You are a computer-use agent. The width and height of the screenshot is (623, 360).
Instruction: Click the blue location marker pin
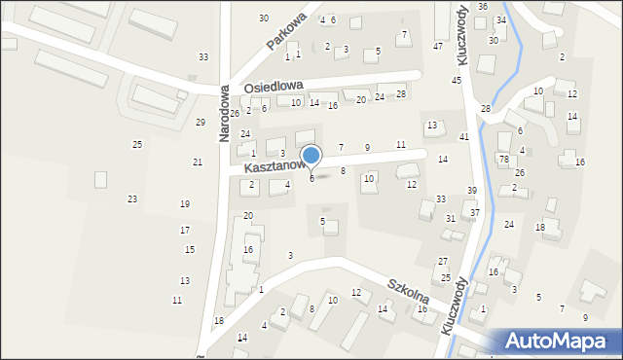(x=311, y=157)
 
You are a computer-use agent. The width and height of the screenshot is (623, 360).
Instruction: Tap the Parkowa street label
(x=286, y=32)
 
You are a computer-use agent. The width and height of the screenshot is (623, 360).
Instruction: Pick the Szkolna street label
(x=408, y=295)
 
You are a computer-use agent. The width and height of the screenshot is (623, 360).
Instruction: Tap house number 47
(x=438, y=47)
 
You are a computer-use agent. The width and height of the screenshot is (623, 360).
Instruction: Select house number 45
(x=456, y=81)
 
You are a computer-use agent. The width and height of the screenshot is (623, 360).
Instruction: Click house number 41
(x=464, y=137)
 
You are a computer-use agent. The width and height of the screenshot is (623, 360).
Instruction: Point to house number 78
(x=503, y=159)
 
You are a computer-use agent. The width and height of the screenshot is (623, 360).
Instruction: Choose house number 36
(x=483, y=7)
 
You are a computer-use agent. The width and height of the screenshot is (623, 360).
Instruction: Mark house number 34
(x=500, y=20)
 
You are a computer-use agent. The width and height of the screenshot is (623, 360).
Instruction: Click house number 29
(x=201, y=123)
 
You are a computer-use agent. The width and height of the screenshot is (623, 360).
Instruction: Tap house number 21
(x=198, y=162)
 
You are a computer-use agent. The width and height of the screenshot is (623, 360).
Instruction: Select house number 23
(x=132, y=199)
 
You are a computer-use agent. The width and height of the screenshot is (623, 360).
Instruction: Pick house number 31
(x=451, y=219)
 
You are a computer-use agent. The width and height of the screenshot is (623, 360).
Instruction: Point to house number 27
(x=443, y=262)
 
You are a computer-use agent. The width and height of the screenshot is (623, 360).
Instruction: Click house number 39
(x=472, y=191)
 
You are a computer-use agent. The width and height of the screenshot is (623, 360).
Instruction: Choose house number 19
(x=185, y=204)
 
